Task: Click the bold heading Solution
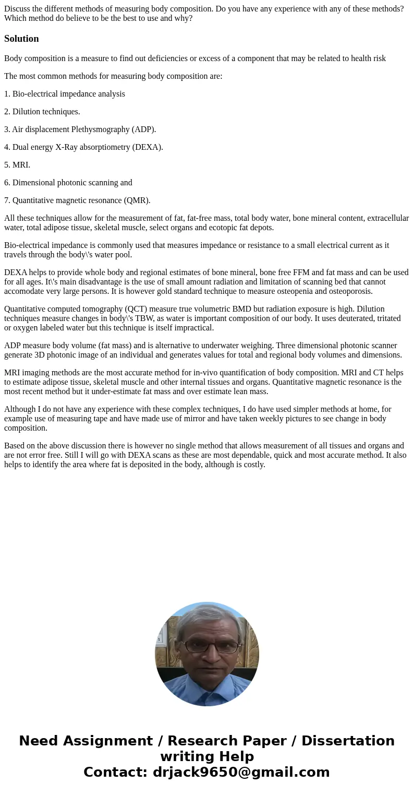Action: pos(21,39)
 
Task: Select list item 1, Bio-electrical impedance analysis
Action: pos(65,94)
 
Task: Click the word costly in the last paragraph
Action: pos(253,465)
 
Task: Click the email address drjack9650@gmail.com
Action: pos(241,773)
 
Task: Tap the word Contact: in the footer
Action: pos(115,773)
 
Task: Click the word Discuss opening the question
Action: pos(18,9)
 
